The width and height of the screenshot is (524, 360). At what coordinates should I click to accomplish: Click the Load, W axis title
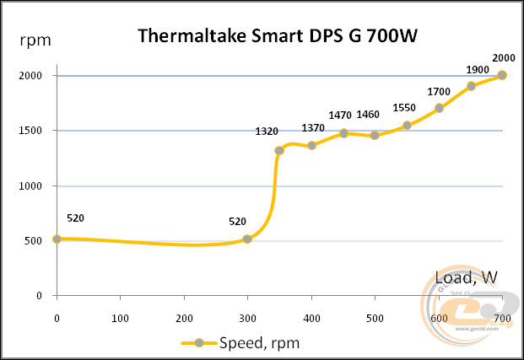pyautogui.click(x=466, y=277)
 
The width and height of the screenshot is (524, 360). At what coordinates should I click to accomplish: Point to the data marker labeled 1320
pyautogui.click(x=279, y=151)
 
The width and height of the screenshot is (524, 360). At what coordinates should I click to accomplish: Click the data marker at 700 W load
pyautogui.click(x=503, y=75)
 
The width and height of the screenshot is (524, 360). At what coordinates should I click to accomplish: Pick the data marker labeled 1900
pyautogui.click(x=471, y=86)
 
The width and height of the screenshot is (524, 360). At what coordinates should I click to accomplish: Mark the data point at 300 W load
pyautogui.click(x=247, y=239)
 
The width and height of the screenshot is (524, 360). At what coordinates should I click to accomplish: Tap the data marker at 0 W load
pyautogui.click(x=57, y=239)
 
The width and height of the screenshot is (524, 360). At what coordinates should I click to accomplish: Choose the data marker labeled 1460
pyautogui.click(x=375, y=135)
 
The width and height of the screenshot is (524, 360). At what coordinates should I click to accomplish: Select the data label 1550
pyautogui.click(x=405, y=108)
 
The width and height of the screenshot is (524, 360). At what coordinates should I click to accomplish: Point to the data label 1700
pyautogui.click(x=439, y=91)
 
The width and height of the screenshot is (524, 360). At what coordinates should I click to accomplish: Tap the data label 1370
pyautogui.click(x=313, y=127)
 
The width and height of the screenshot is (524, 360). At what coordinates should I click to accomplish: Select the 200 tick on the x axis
pyautogui.click(x=184, y=319)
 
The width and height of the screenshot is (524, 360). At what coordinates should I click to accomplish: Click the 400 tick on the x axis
pyautogui.click(x=311, y=319)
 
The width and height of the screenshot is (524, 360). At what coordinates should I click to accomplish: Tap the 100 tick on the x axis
pyautogui.click(x=121, y=319)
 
